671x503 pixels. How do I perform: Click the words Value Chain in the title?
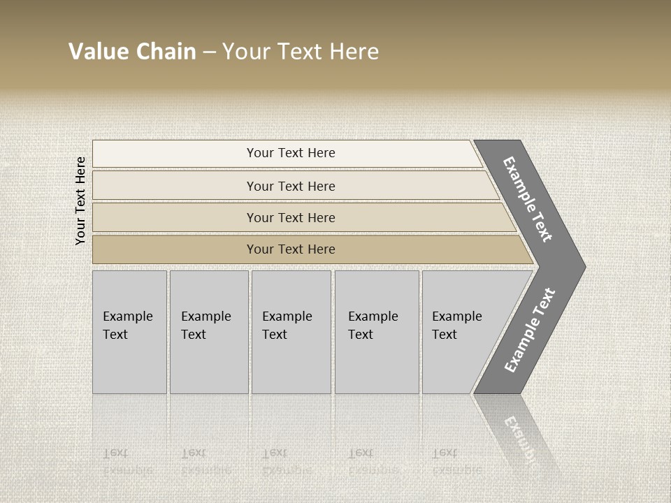[x=132, y=52]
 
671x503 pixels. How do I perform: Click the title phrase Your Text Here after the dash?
[x=301, y=52]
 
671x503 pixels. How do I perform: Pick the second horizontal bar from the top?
[x=291, y=186]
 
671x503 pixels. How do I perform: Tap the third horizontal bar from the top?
[x=291, y=217]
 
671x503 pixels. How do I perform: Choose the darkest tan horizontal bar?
[x=291, y=249]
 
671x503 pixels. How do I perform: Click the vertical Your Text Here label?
[x=80, y=201]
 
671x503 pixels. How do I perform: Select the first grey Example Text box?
[x=129, y=332]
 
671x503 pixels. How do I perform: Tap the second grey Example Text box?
[x=209, y=332]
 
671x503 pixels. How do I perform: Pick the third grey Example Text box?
[x=291, y=332]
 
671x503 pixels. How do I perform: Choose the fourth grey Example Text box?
[x=377, y=332]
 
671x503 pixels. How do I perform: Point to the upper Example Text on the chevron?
[x=528, y=199]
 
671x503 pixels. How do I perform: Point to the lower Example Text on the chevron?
[x=530, y=330]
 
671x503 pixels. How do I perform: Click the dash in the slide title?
[x=209, y=52]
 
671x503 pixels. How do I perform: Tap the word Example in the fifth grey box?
[x=456, y=316]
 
